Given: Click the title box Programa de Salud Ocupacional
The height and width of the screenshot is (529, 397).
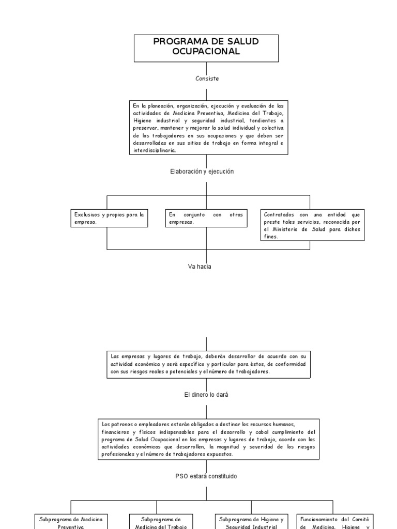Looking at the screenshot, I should pyautogui.click(x=206, y=48).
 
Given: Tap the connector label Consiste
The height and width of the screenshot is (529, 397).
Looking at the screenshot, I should pyautogui.click(x=207, y=79).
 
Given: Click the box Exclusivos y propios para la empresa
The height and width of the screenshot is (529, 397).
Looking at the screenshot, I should pyautogui.click(x=109, y=217).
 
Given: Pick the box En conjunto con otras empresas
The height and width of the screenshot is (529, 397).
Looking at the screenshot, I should pyautogui.click(x=206, y=217).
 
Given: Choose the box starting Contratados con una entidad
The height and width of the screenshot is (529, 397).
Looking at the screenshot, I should pyautogui.click(x=313, y=225).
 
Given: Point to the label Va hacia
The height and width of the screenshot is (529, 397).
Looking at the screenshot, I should pyautogui.click(x=200, y=267).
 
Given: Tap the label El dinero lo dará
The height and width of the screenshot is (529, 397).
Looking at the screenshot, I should pyautogui.click(x=206, y=395).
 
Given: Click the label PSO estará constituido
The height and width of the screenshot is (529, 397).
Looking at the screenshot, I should pyautogui.click(x=206, y=476).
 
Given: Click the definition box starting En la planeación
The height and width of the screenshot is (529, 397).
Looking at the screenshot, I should pyautogui.click(x=208, y=128).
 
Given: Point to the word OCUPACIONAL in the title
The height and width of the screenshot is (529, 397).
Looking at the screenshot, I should pyautogui.click(x=206, y=52).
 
